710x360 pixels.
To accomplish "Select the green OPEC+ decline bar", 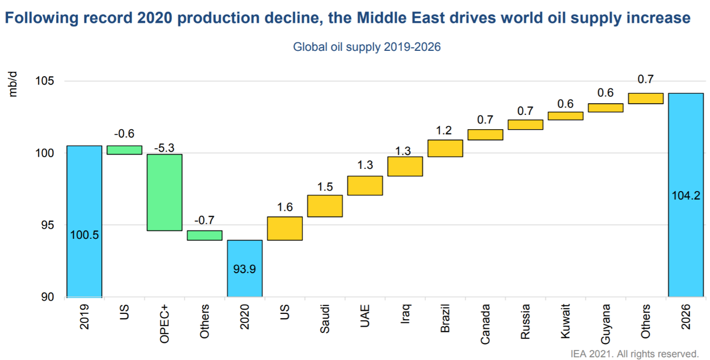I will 164,192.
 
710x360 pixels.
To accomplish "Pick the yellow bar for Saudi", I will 325,206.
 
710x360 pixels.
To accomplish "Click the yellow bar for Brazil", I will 445,148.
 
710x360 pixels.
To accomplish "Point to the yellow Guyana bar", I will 606,108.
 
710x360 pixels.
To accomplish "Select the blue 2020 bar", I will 245,268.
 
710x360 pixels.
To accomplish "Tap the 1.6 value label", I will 285,208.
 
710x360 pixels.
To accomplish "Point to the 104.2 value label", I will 686,195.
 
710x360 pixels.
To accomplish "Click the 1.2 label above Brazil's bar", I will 445,131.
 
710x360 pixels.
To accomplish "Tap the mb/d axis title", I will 13,85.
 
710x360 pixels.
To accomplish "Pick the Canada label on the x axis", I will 486,323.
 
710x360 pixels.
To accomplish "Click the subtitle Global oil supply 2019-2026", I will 367,47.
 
